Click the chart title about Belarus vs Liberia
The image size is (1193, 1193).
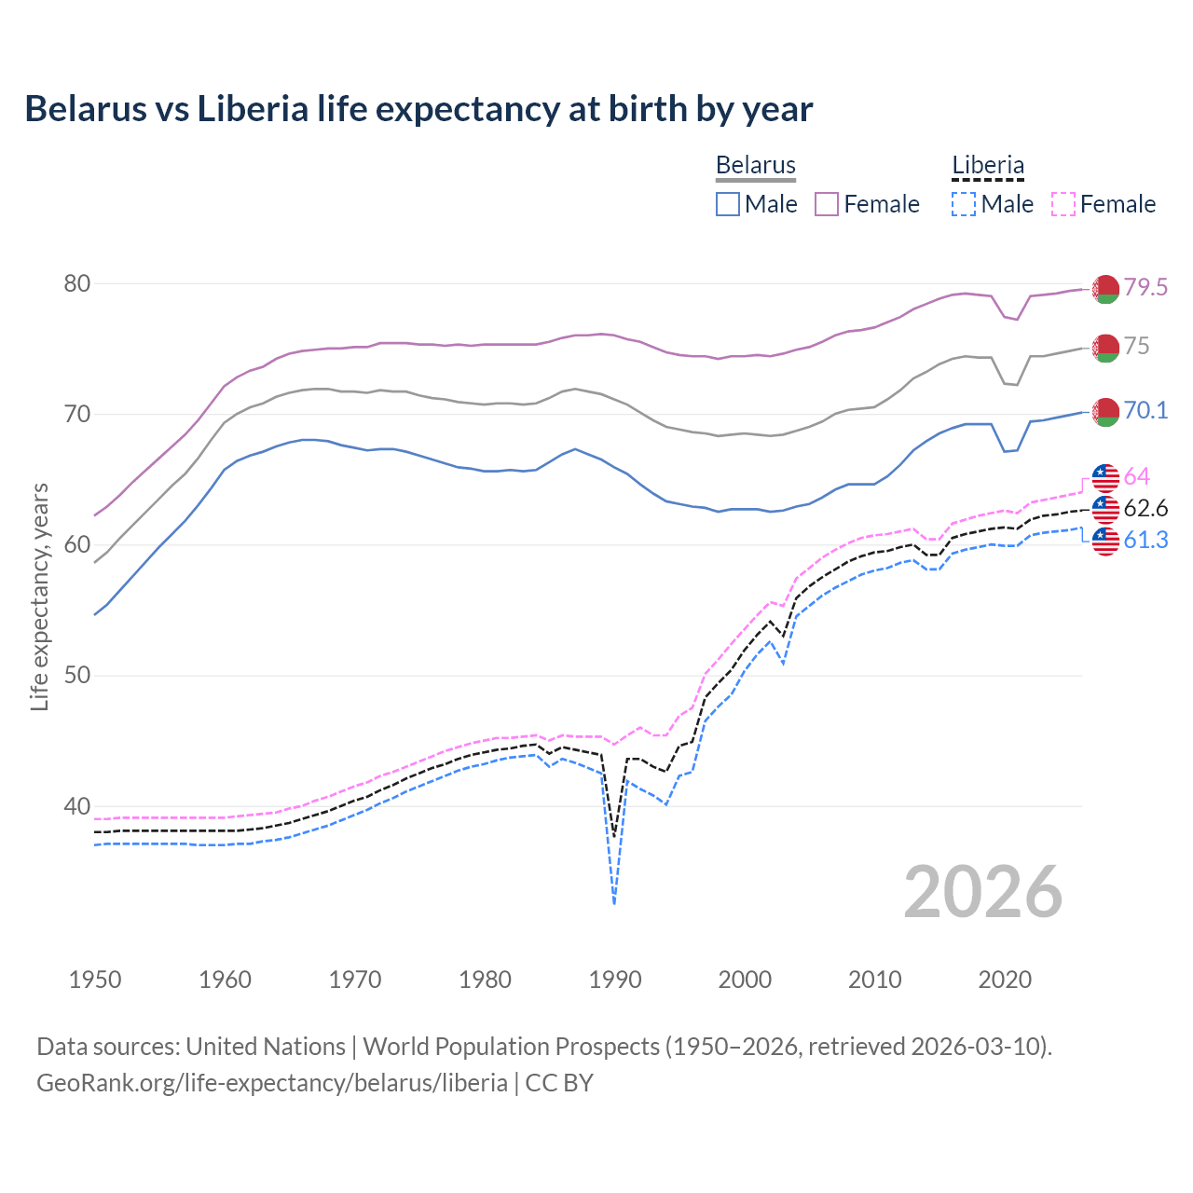tap(418, 109)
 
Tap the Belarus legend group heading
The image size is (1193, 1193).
tap(755, 166)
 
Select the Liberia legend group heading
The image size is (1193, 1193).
tap(987, 166)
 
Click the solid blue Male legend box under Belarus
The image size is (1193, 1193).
tap(728, 204)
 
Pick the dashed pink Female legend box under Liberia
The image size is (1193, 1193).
tap(1063, 204)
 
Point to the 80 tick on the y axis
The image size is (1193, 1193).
tap(76, 283)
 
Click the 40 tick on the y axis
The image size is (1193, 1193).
tap(76, 806)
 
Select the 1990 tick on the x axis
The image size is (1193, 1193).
tap(615, 980)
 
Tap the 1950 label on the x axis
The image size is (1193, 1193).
tap(95, 980)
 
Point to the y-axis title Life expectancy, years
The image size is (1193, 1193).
tap(39, 596)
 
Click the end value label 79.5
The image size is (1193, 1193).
tap(1145, 287)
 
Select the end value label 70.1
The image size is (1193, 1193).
tap(1145, 410)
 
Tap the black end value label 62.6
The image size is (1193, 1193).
tap(1145, 508)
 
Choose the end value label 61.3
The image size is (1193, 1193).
tap(1145, 540)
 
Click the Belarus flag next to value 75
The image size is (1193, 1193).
tap(1105, 348)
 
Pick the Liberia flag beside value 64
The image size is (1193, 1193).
tap(1105, 477)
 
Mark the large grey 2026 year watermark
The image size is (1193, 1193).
tap(983, 892)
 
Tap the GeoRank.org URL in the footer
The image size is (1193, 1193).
tap(272, 1083)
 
